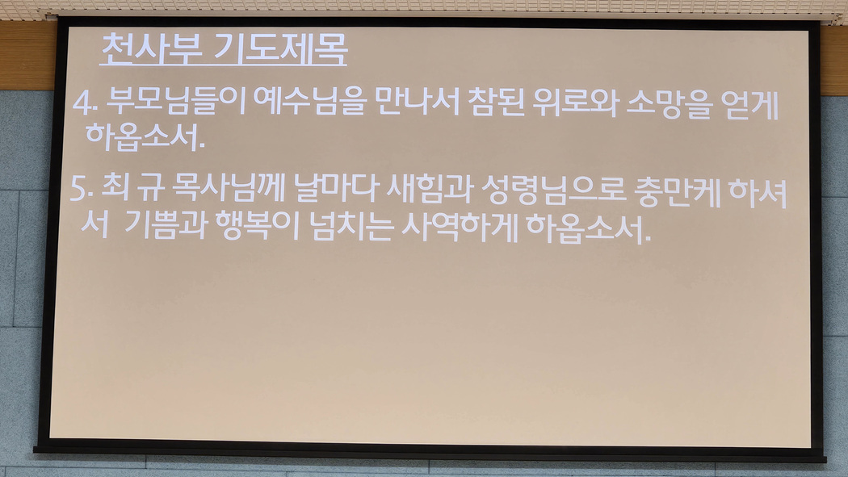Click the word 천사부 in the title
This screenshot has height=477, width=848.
click(152, 49)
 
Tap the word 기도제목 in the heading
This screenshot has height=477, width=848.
click(280, 49)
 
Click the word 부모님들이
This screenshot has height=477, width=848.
click(176, 102)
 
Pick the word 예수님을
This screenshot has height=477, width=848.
click(310, 102)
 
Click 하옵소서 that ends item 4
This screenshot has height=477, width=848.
click(145, 136)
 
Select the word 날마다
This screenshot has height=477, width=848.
click(336, 189)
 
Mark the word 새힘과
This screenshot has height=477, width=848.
click(430, 190)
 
